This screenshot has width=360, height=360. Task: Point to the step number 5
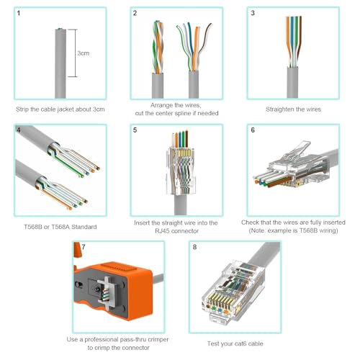click(135, 131)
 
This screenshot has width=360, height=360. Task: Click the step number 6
click(252, 131)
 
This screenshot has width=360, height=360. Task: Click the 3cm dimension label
click(84, 53)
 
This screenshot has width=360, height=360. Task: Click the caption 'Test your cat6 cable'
click(233, 340)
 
